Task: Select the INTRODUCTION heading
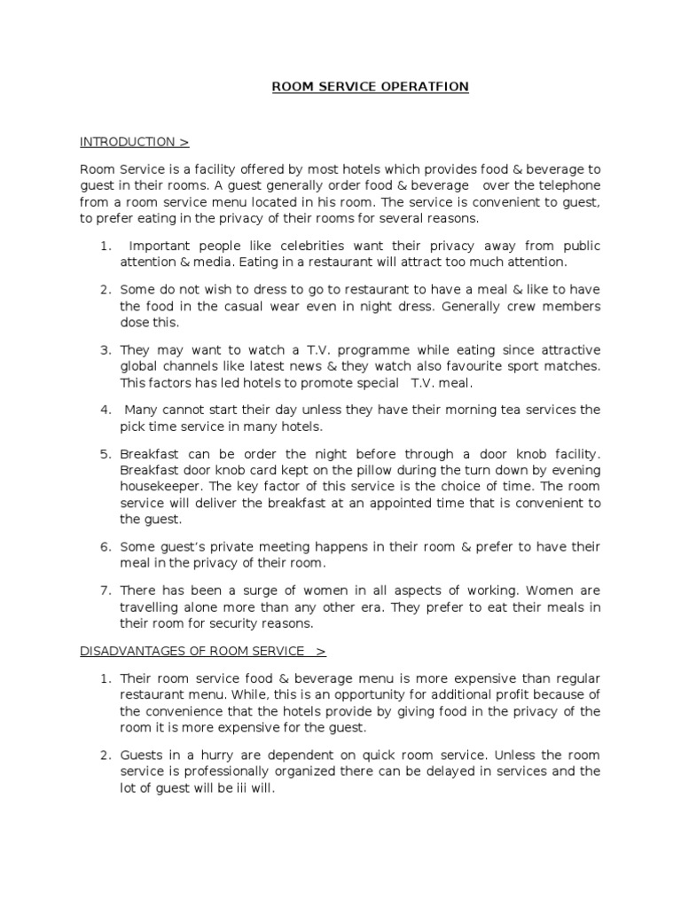click(x=128, y=142)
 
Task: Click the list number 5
click(x=105, y=454)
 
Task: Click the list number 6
click(x=105, y=546)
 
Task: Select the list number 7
click(x=105, y=591)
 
